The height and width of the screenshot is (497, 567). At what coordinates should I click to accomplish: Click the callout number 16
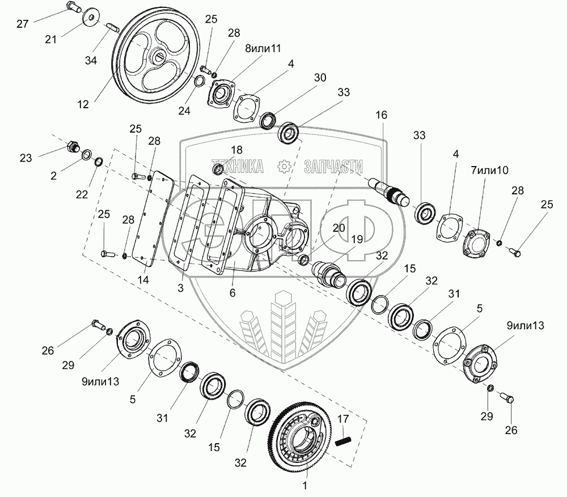click(x=381, y=115)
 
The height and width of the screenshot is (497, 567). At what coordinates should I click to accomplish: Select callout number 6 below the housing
click(x=232, y=292)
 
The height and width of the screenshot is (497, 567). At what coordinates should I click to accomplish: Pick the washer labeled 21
click(x=89, y=18)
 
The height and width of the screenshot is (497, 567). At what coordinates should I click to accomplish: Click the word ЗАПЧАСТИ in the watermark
click(x=333, y=165)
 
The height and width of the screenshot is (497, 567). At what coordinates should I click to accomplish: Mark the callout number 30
click(x=320, y=78)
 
